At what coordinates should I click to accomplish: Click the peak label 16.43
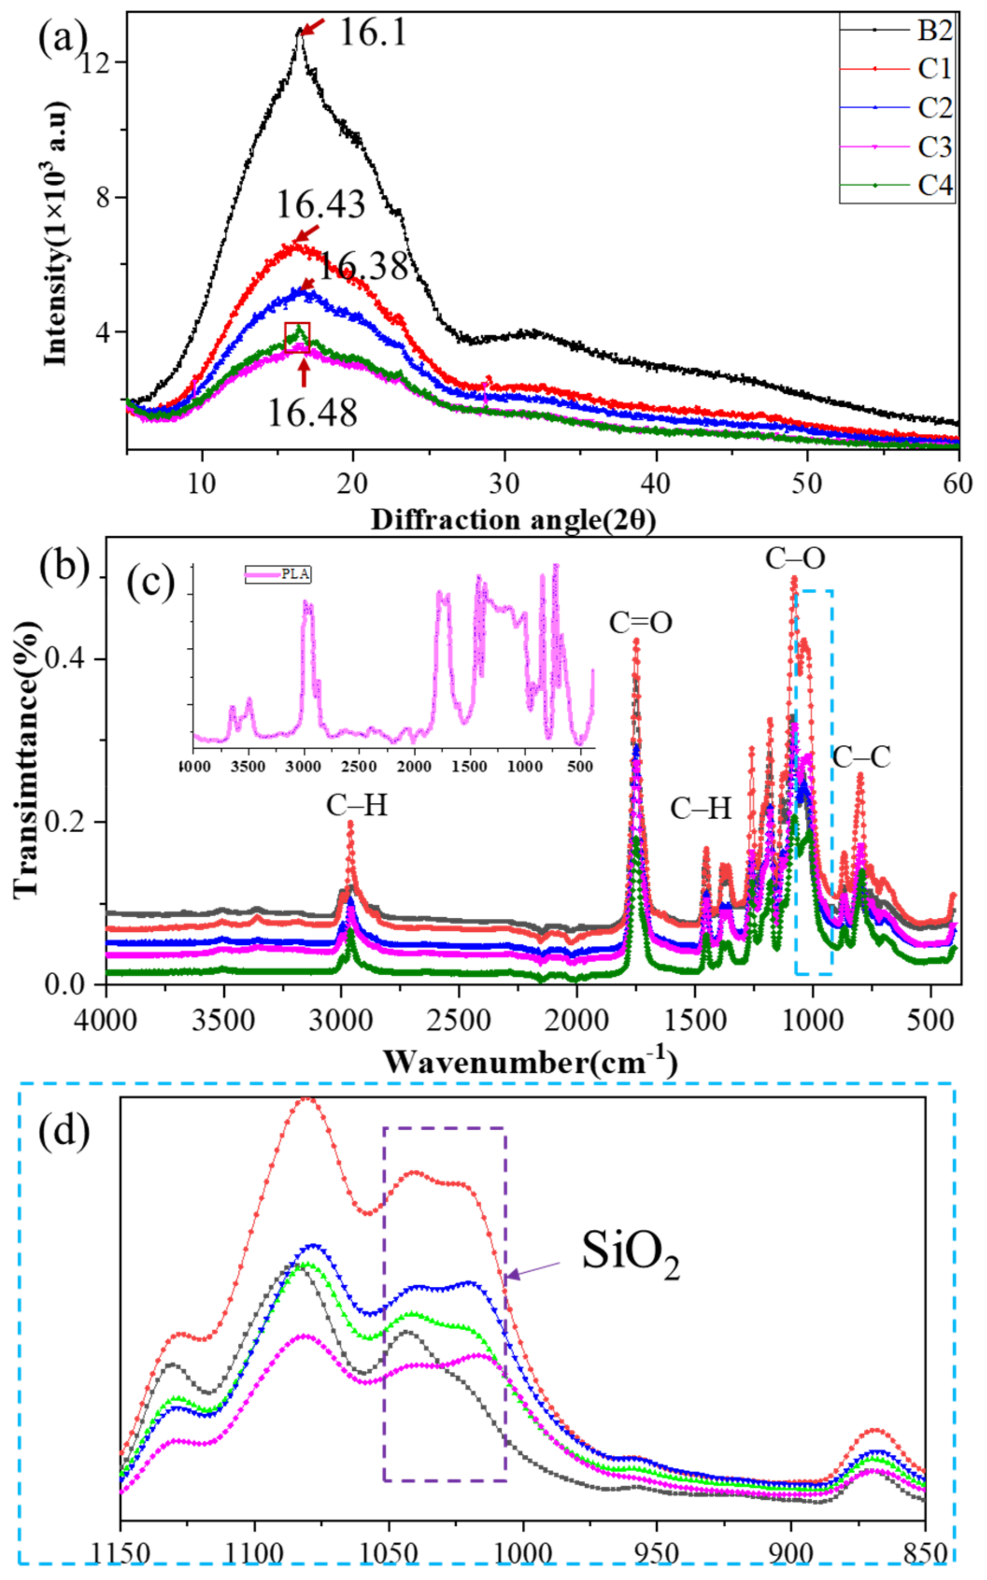click(320, 205)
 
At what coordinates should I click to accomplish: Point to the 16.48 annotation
click(312, 413)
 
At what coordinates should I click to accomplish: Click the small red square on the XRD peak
click(297, 337)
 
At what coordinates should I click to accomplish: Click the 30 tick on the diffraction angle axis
click(504, 483)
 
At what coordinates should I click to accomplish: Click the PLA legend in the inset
click(278, 574)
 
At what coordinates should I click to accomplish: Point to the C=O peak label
click(640, 623)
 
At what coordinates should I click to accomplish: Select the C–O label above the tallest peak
click(795, 559)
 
